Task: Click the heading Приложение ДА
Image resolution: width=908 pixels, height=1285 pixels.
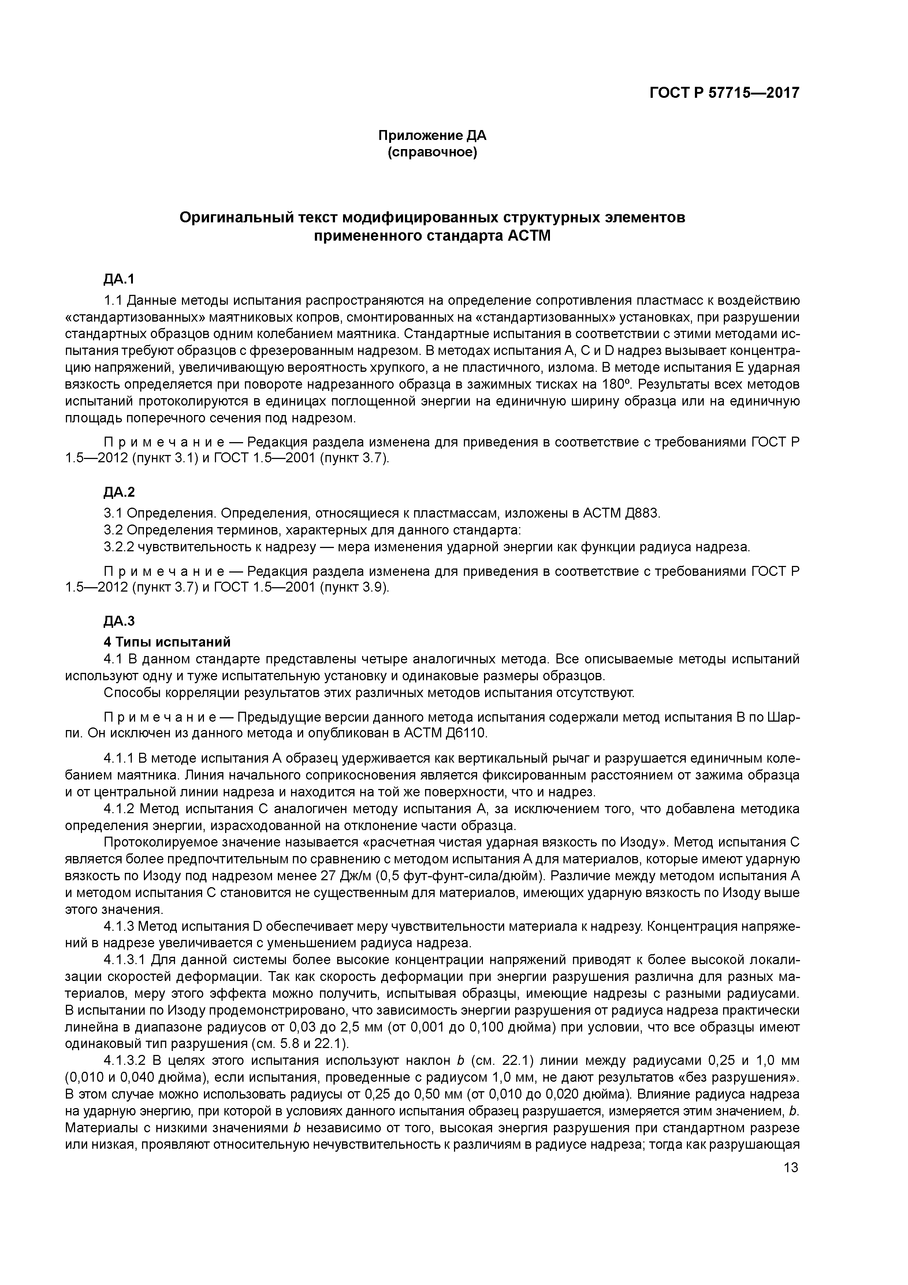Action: click(432, 136)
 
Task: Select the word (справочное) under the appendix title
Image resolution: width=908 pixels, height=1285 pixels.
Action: click(432, 153)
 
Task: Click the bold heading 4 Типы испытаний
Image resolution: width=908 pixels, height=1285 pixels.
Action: click(167, 642)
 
